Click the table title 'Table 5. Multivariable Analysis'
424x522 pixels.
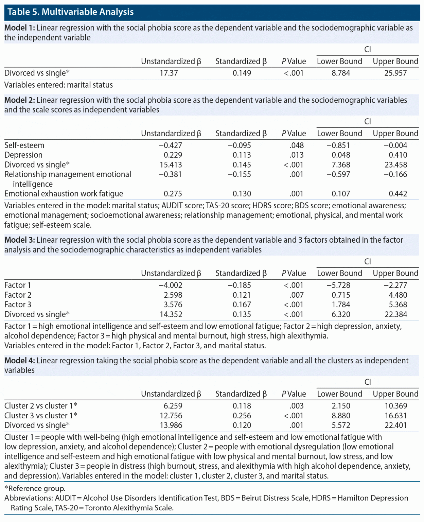point(70,12)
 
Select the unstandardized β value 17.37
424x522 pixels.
point(169,73)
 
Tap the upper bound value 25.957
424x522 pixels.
point(395,73)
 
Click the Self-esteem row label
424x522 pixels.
point(24,145)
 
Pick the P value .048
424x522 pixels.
point(297,145)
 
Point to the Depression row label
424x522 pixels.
point(23,155)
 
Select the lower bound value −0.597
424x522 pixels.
point(338,174)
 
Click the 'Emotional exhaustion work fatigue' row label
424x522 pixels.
point(64,194)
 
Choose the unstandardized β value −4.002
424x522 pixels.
point(171,285)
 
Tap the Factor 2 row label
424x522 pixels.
point(18,295)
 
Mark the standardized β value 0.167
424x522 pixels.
point(242,304)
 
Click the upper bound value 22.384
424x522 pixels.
point(396,314)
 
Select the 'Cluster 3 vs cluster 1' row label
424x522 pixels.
point(41,416)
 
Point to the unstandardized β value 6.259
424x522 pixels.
point(173,406)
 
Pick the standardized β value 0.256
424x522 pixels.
point(242,416)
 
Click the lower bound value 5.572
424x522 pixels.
point(341,425)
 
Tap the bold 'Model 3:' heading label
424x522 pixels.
point(19,240)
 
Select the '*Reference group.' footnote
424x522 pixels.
point(35,488)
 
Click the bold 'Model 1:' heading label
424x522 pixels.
point(19,28)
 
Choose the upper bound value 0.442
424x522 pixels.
point(398,194)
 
